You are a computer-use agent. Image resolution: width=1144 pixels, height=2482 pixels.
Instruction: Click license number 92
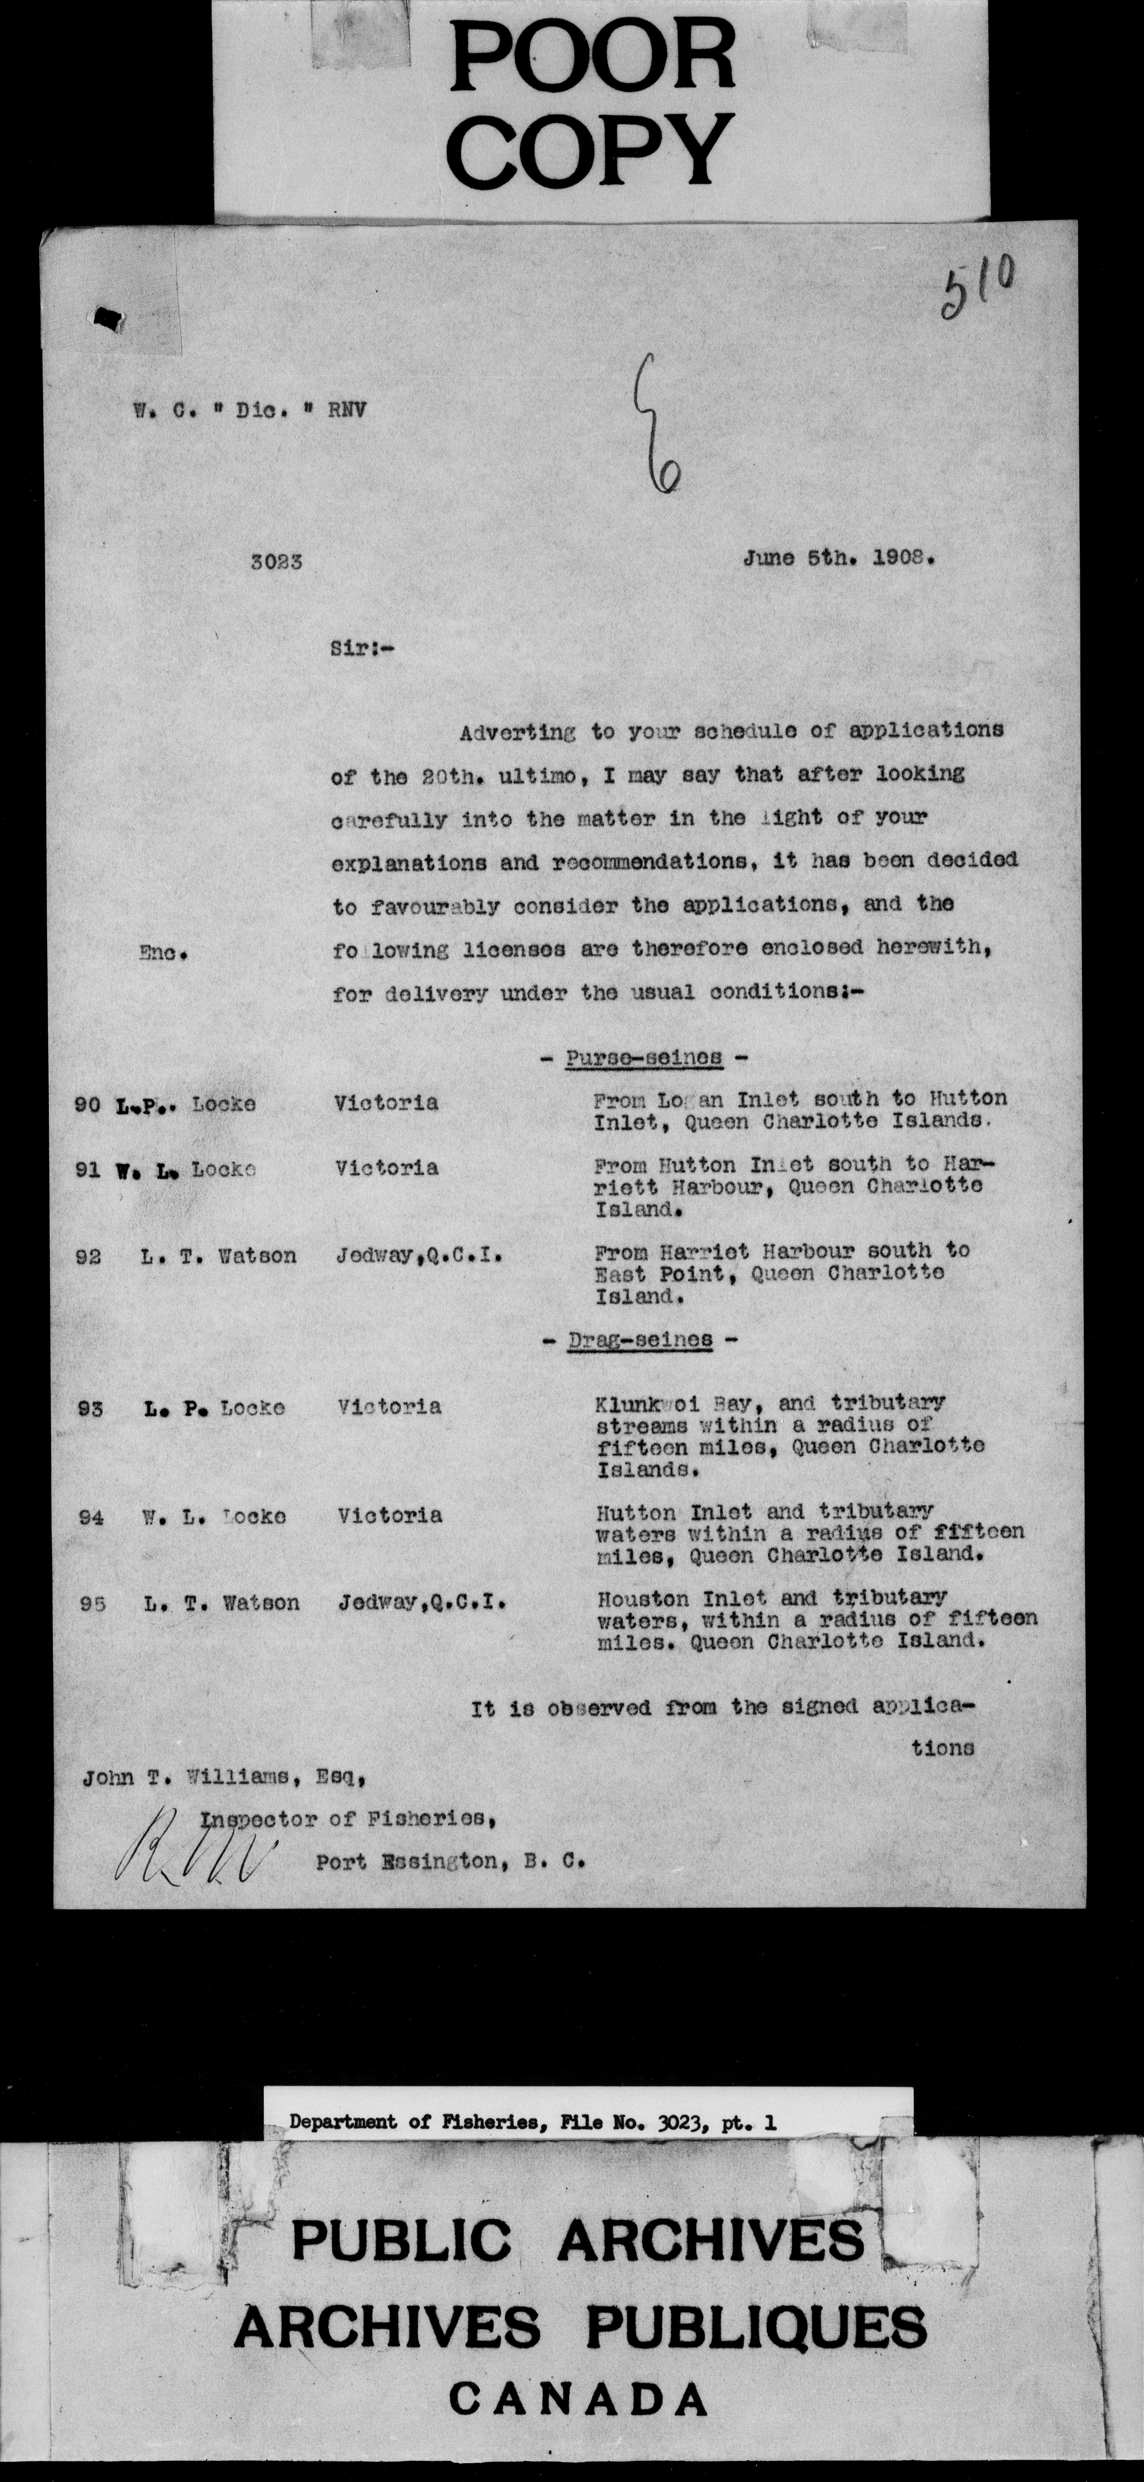point(88,1256)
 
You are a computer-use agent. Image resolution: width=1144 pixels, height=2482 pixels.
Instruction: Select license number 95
point(92,1603)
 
